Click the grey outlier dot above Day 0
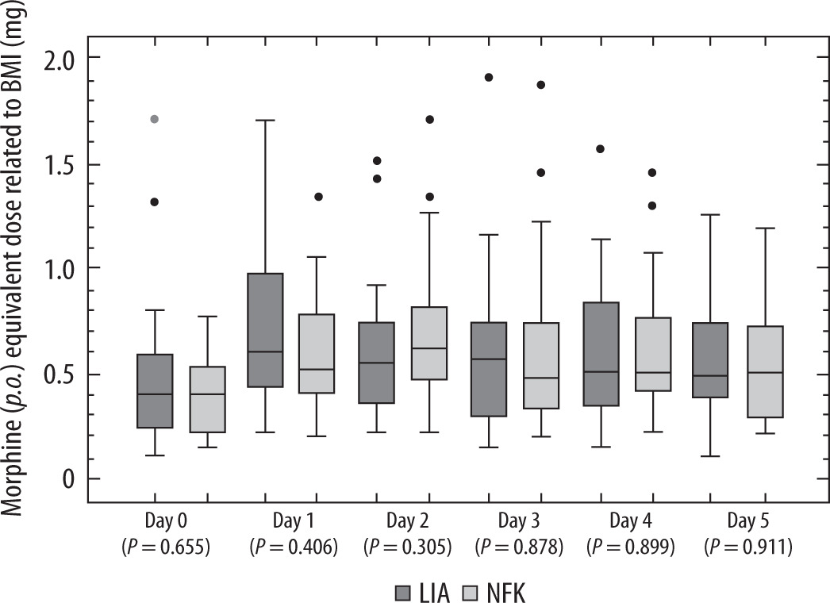[x=155, y=119]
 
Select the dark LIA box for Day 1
[x=265, y=329]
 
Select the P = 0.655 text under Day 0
[x=166, y=546]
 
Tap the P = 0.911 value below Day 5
[x=751, y=546]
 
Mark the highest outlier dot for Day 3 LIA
[x=489, y=77]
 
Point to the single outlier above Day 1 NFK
[x=318, y=197]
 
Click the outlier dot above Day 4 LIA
[x=601, y=149]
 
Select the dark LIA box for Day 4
[x=601, y=354]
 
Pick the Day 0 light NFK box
[x=207, y=399]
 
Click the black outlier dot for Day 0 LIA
[x=155, y=202]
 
